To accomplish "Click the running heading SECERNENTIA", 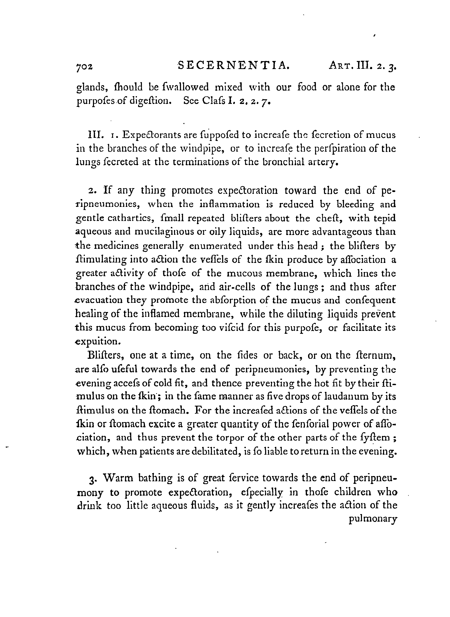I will point(233,66).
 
